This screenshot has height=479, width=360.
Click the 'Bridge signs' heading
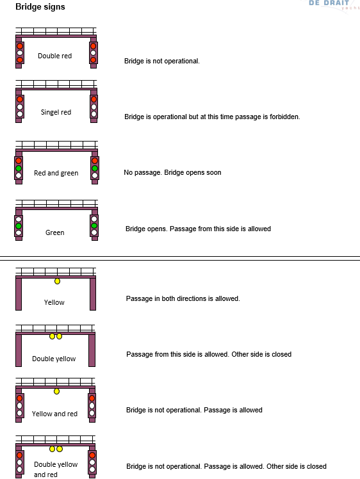click(40, 6)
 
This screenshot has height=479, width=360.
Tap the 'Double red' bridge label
click(54, 56)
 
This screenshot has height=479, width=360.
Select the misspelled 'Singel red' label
click(56, 113)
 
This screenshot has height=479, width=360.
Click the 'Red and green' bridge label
click(56, 173)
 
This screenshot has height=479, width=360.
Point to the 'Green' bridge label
click(54, 232)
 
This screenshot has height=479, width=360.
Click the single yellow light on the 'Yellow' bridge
click(57, 281)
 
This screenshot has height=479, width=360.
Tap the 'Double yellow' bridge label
click(54, 359)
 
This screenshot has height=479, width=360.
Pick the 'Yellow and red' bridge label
click(54, 414)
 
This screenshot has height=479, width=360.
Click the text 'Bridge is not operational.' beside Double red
click(161, 61)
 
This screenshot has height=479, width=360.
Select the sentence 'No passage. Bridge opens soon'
click(172, 173)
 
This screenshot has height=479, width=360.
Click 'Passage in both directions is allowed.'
click(183, 298)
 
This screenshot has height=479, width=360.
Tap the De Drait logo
click(333, 5)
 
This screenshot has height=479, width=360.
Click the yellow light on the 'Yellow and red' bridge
click(56, 391)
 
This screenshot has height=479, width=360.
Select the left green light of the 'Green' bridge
click(19, 226)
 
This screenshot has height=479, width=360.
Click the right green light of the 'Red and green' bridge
click(95, 168)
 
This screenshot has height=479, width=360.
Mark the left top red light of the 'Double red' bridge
click(20, 46)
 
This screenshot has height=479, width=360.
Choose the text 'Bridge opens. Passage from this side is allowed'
click(198, 229)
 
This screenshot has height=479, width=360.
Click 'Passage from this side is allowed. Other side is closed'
click(209, 354)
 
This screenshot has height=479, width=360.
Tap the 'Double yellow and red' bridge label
click(56, 469)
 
